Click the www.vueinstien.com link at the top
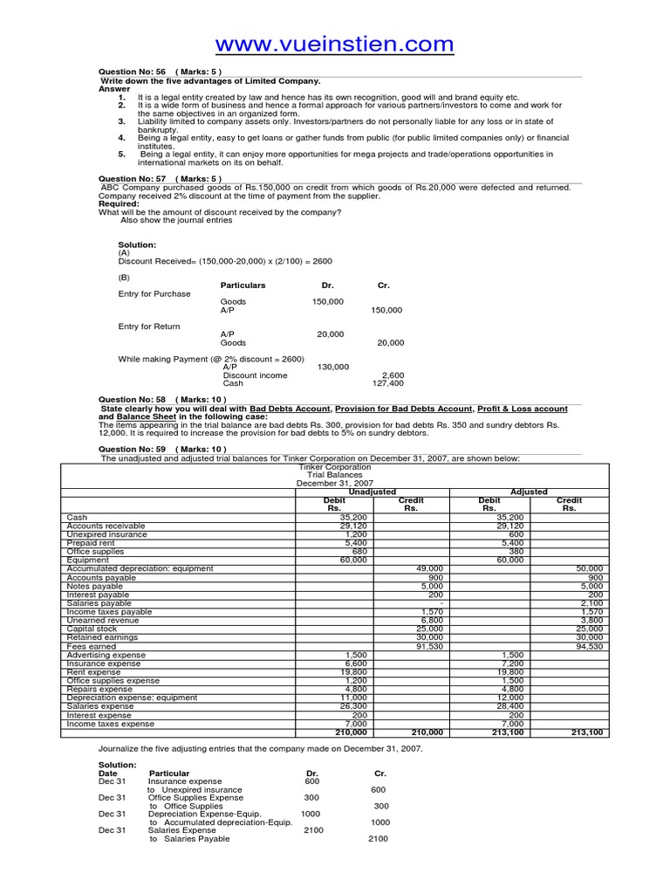coord(334,44)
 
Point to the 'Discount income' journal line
coord(255,375)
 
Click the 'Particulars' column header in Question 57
coord(243,285)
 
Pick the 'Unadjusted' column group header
coord(373,492)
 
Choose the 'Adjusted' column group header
coord(529,492)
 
